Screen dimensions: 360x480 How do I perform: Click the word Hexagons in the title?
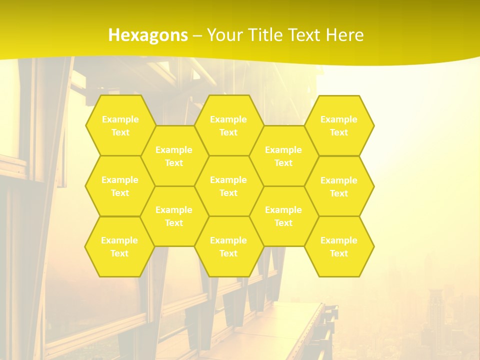click(x=148, y=35)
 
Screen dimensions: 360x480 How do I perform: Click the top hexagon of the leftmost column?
click(x=120, y=125)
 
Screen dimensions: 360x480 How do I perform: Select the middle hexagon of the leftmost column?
click(x=120, y=186)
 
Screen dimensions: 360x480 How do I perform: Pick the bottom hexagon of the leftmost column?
click(x=119, y=246)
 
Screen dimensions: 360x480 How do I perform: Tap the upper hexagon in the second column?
click(x=174, y=156)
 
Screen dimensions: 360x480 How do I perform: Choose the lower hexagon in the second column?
click(x=174, y=216)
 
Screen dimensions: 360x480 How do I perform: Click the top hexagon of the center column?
click(x=228, y=125)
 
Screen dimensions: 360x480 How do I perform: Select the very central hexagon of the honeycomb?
click(x=228, y=186)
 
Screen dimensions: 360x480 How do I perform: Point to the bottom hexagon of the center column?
click(x=228, y=246)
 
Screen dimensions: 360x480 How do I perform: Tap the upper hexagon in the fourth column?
click(x=283, y=156)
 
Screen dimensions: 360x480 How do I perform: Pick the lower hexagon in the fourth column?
click(x=283, y=216)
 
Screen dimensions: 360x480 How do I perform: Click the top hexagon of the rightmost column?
click(x=339, y=125)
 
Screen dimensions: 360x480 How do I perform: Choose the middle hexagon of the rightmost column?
click(x=339, y=186)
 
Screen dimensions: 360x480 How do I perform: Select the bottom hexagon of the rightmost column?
click(x=339, y=246)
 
